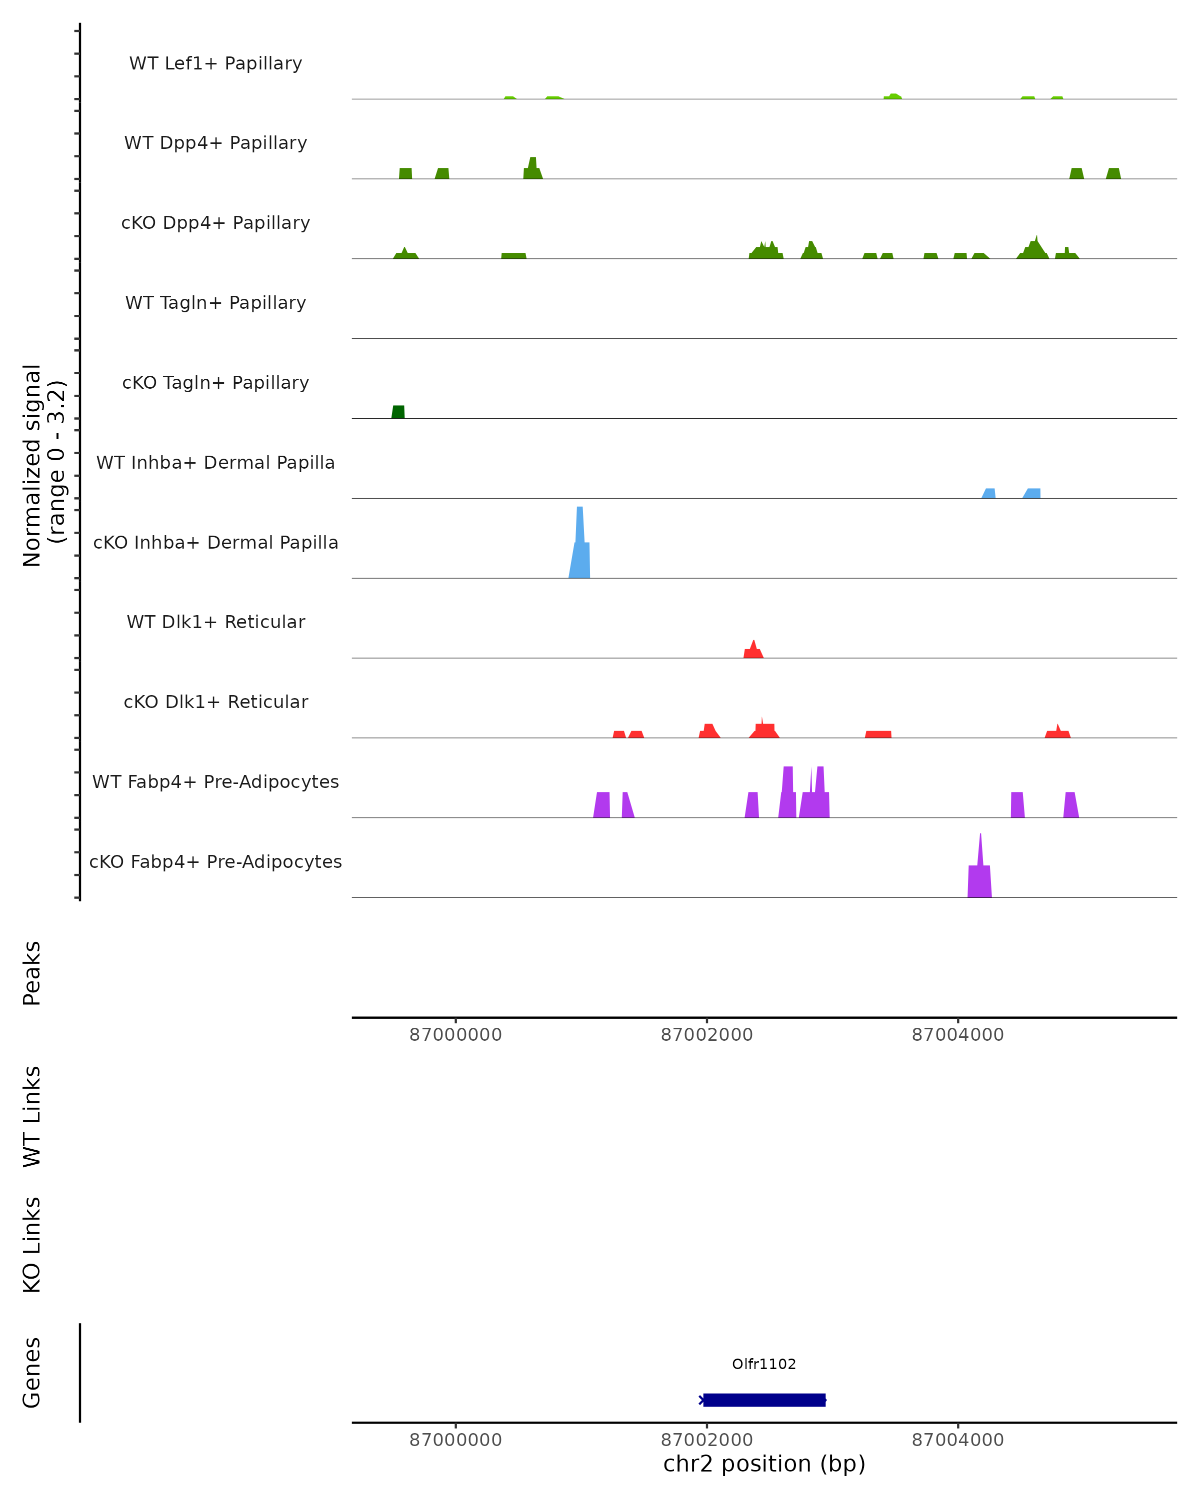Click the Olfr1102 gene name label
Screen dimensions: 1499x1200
point(764,1364)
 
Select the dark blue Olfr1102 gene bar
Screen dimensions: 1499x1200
point(764,1400)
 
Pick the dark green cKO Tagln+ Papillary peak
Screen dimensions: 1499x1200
point(398,412)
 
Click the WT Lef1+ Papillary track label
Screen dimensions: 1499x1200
point(215,63)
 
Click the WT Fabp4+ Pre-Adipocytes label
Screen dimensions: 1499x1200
point(215,781)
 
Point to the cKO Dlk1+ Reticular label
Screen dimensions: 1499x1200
point(215,702)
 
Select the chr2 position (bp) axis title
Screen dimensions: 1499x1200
point(764,1464)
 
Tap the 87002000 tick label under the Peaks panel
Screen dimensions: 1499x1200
point(707,1035)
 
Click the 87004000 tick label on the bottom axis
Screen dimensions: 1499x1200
point(958,1440)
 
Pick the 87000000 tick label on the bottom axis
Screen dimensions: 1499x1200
point(455,1440)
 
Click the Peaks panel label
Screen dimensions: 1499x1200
point(32,973)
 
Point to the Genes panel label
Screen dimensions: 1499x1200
point(32,1373)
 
